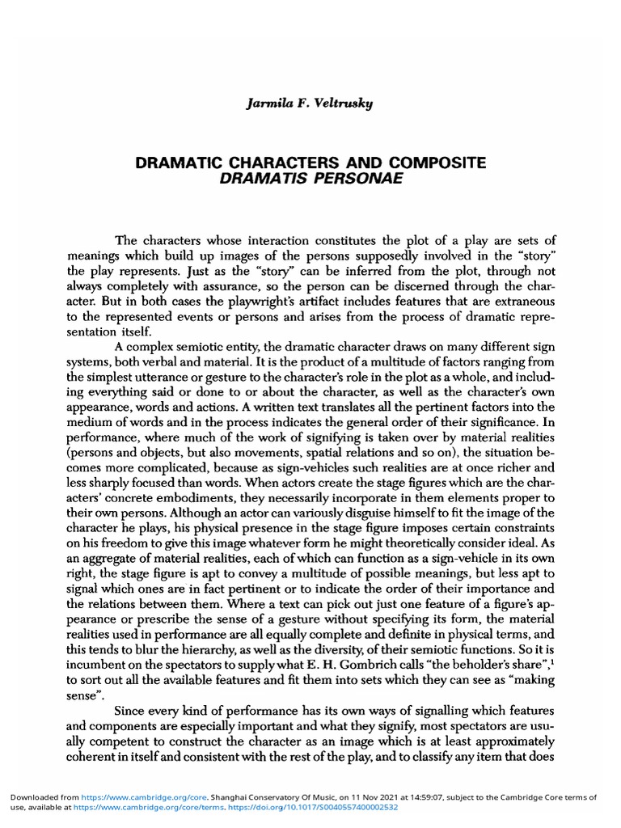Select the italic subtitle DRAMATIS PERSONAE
pyautogui.click(x=310, y=177)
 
